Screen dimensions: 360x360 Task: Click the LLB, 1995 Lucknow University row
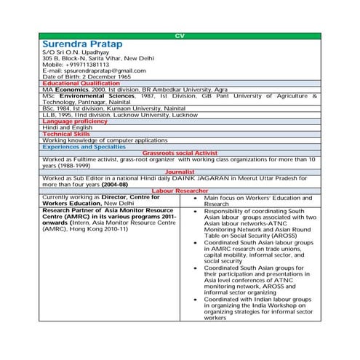click(119, 115)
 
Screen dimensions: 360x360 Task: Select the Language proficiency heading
click(74, 121)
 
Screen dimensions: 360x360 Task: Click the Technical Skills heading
click(66, 134)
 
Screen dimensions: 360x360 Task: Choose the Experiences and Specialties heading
click(84, 147)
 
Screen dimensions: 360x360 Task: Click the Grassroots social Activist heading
click(180, 153)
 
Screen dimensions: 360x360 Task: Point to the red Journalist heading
click(180, 172)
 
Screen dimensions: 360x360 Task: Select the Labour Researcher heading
click(180, 191)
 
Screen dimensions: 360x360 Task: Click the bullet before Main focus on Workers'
click(195, 198)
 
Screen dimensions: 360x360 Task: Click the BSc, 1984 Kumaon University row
click(113, 108)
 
